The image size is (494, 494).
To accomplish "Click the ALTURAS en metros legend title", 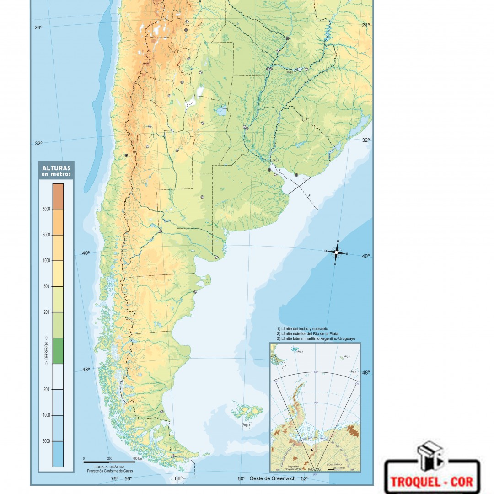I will (56, 171).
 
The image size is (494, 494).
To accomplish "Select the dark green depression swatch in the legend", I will (58, 351).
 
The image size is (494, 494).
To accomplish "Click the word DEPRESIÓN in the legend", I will (46, 351).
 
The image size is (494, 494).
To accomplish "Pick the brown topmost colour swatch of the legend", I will (58, 196).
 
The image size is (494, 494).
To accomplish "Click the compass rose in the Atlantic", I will (337, 252).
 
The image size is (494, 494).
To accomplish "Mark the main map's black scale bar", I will (97, 462).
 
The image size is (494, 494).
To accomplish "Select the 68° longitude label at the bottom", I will (178, 479).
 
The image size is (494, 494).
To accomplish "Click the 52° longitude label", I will (304, 478).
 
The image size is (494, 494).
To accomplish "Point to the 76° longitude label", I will (114, 479).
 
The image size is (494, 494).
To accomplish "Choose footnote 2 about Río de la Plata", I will (308, 333).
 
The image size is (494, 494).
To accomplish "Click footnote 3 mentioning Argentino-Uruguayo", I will (316, 338).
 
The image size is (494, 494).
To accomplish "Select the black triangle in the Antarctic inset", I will (312, 450).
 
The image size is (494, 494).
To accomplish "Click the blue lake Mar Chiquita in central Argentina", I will (222, 110).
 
